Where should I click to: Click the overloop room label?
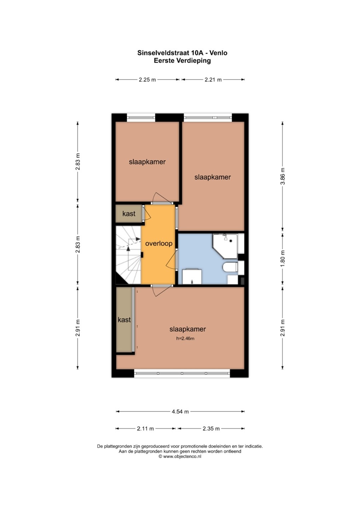click(x=159, y=243)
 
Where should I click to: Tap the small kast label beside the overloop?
click(x=129, y=213)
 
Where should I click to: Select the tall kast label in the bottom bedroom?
click(x=124, y=320)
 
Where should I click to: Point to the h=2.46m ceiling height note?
click(x=185, y=339)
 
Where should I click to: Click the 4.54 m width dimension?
click(x=180, y=411)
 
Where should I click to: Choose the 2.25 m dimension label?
click(x=147, y=80)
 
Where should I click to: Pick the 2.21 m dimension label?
click(x=213, y=80)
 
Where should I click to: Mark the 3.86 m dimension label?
click(x=283, y=176)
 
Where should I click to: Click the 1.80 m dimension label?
click(x=283, y=259)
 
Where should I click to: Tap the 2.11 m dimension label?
click(x=145, y=428)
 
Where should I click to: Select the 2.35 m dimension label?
click(x=211, y=428)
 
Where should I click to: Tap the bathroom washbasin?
click(x=192, y=276)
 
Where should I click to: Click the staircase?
click(x=128, y=255)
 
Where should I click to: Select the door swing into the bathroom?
click(x=171, y=260)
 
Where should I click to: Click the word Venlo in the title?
click(x=218, y=53)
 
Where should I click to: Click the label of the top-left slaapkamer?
click(x=147, y=162)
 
